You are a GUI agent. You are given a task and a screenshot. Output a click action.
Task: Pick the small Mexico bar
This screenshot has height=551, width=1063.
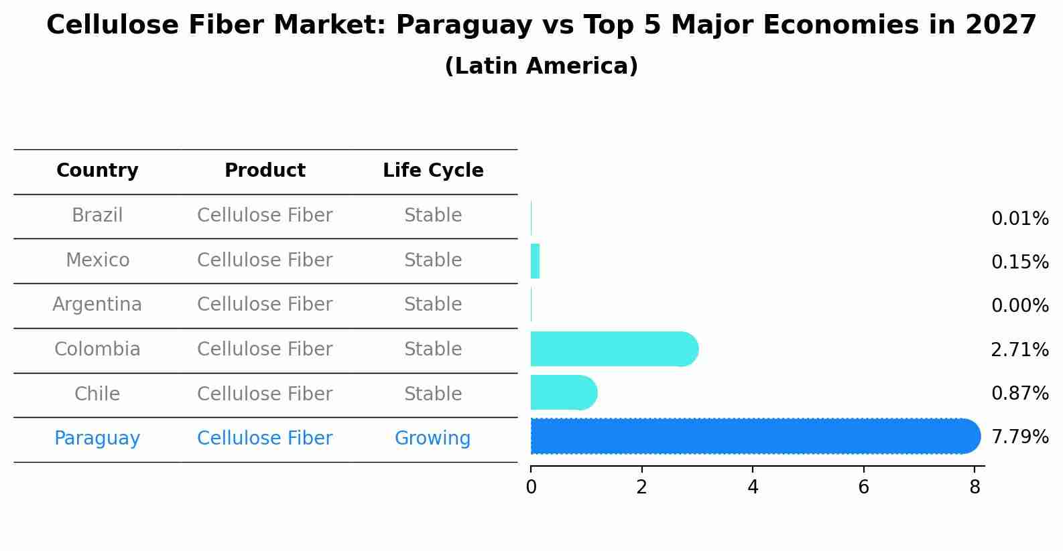535,261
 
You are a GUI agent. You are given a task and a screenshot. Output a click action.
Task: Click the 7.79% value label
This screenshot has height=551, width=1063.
1019,437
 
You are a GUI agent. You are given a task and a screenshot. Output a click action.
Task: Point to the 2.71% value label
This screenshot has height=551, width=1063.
1019,349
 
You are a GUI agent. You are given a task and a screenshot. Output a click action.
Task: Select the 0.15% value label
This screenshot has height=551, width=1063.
1019,262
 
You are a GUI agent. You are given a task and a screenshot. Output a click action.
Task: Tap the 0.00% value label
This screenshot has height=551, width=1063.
1019,306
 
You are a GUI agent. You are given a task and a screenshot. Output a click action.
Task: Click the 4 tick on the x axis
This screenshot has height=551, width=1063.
753,487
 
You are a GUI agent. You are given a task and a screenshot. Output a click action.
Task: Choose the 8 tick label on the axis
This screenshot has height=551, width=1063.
975,487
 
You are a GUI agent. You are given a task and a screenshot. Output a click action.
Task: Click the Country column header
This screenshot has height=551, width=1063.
97,171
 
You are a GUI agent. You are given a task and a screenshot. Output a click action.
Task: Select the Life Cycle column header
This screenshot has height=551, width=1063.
433,171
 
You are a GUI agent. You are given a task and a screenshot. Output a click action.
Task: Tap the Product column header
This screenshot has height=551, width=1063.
265,171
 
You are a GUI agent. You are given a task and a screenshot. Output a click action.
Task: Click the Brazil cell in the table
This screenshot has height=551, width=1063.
97,216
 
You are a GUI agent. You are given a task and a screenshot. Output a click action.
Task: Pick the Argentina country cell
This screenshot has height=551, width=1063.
97,305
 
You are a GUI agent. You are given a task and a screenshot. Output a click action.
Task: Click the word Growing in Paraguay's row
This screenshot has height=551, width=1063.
432,439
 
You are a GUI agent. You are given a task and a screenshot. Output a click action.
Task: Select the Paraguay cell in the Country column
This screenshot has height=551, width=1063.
97,439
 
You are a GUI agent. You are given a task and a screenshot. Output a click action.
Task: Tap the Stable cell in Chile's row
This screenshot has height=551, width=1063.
432,394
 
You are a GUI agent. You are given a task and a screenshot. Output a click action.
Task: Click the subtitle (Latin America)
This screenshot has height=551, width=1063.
541,66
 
